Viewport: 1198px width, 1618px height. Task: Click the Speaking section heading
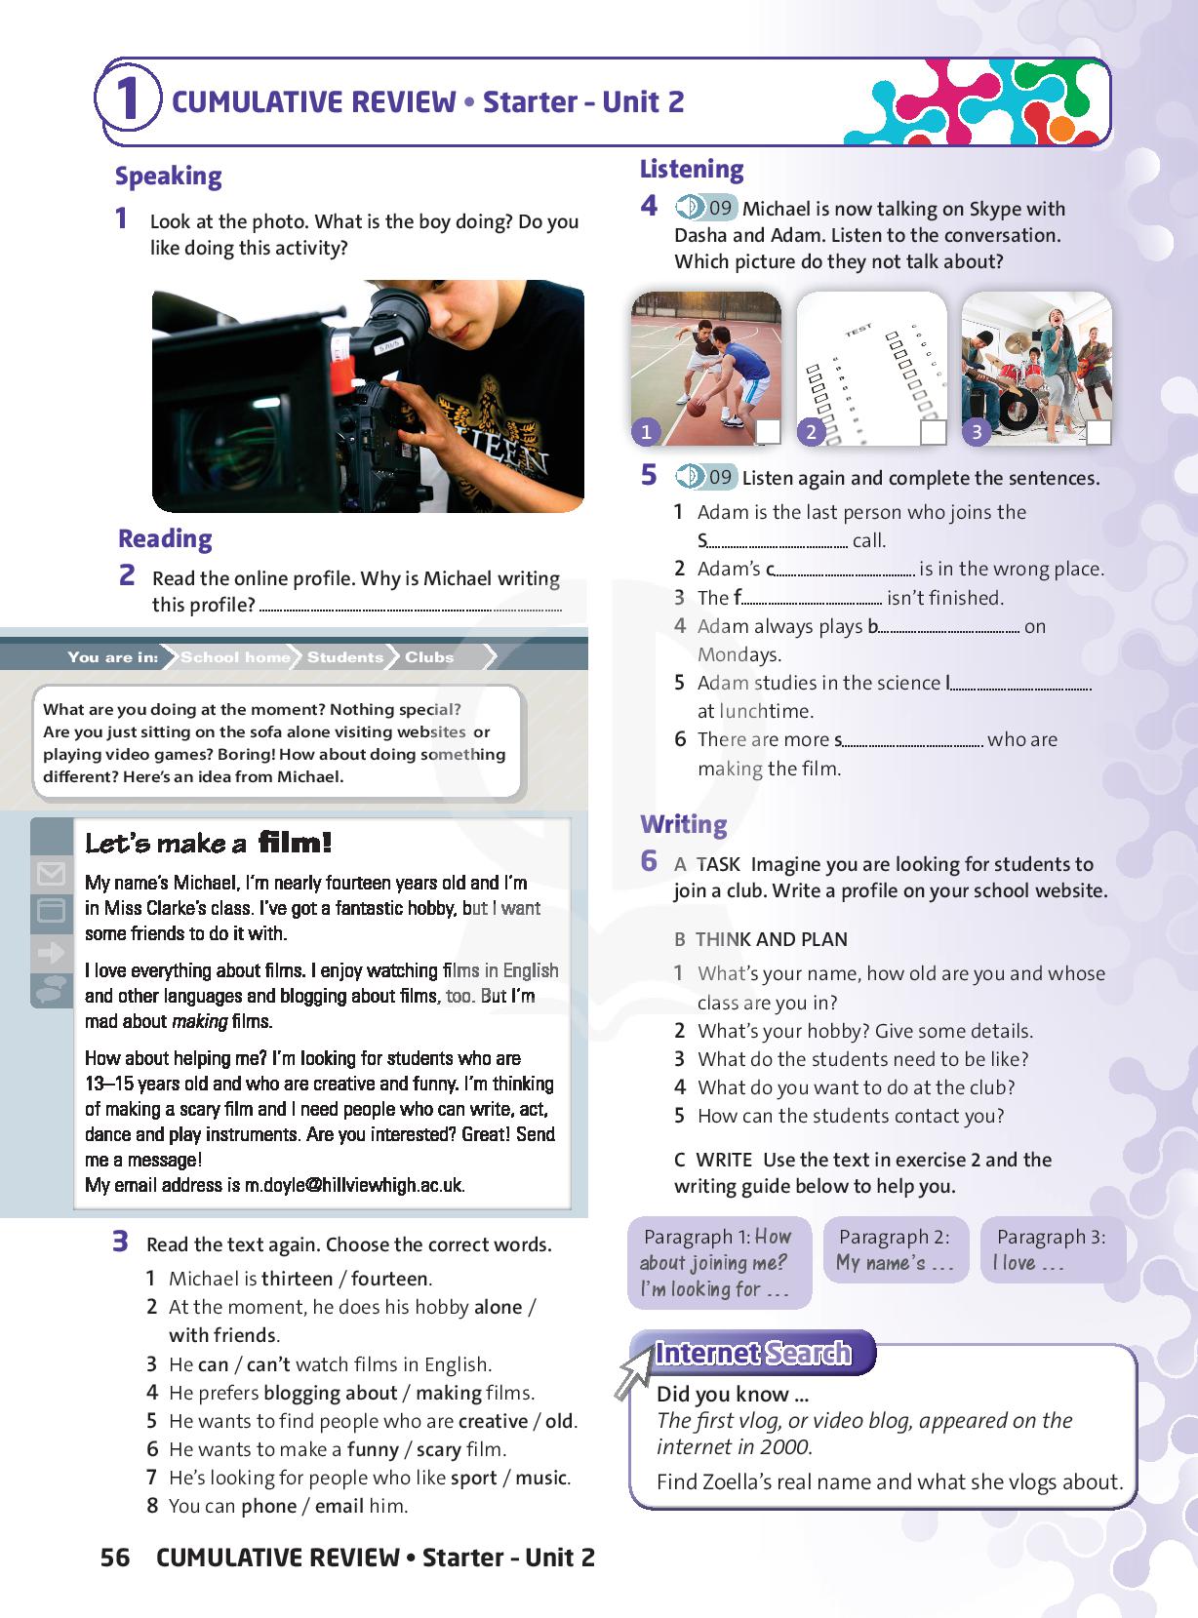[x=168, y=177]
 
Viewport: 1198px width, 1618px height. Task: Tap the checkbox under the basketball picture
[x=768, y=432]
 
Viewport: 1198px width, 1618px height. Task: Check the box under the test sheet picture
[x=934, y=432]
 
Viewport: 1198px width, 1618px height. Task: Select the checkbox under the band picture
[x=1098, y=432]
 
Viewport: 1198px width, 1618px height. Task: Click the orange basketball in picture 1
[x=696, y=409]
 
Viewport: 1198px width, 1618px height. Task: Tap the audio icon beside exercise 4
[x=689, y=208]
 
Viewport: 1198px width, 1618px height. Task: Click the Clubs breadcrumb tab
[x=429, y=657]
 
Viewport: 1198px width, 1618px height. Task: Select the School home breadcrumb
[x=235, y=657]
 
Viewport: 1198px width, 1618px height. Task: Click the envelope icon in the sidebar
[x=51, y=874]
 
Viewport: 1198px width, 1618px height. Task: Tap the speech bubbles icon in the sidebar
[x=51, y=989]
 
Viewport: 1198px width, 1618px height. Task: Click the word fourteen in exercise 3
[x=389, y=1279]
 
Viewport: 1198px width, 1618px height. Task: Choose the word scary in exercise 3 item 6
[x=438, y=1449]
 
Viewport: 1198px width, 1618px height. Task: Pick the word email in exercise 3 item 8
[x=339, y=1506]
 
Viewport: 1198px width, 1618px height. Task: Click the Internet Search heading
[x=753, y=1353]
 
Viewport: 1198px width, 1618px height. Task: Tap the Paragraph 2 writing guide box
[x=896, y=1250]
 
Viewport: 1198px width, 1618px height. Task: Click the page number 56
[x=115, y=1558]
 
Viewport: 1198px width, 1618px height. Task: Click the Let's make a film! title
[x=209, y=843]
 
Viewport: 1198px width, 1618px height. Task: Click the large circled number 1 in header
[x=128, y=101]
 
